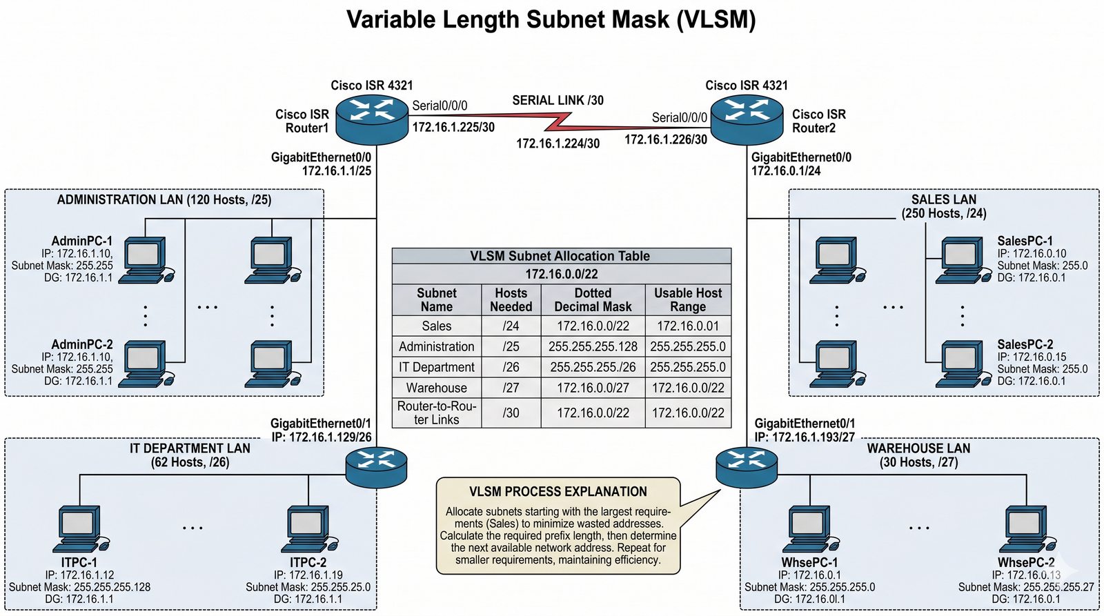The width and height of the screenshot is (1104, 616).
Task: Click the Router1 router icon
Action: pyautogui.click(x=372, y=119)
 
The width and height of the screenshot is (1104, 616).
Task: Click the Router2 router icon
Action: pyautogui.click(x=747, y=119)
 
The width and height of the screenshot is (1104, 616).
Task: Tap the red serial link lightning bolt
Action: pyautogui.click(x=559, y=123)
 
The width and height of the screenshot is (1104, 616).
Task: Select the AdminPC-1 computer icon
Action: pyautogui.click(x=144, y=260)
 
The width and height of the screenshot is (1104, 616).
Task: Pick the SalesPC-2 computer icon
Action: pyautogui.click(x=960, y=364)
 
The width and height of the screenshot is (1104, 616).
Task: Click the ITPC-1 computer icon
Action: pyautogui.click(x=79, y=529)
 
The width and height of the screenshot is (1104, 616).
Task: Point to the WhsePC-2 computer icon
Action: pyautogui.click(x=1027, y=529)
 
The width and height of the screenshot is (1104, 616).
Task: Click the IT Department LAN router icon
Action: pyautogui.click(x=376, y=466)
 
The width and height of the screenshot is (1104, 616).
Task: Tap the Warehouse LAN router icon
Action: pyautogui.click(x=747, y=466)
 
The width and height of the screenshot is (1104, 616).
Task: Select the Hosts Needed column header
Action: pyautogui.click(x=511, y=300)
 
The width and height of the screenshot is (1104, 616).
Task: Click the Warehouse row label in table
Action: pyautogui.click(x=436, y=388)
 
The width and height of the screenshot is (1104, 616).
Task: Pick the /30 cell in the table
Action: pyautogui.click(x=511, y=413)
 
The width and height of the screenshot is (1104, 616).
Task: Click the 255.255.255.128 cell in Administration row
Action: pyautogui.click(x=593, y=346)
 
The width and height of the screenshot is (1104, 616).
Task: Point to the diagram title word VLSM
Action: pyautogui.click(x=716, y=19)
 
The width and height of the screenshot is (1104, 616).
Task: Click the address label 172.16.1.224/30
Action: pyautogui.click(x=558, y=143)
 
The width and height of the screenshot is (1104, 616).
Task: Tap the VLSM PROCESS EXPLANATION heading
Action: pyautogui.click(x=558, y=492)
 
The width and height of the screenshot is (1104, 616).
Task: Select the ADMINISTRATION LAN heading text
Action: pyautogui.click(x=164, y=200)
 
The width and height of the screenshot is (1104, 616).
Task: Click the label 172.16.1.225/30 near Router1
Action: pyautogui.click(x=453, y=127)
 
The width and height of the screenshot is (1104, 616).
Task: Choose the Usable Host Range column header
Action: pyautogui.click(x=688, y=300)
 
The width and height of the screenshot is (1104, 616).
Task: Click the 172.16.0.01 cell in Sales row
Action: pyautogui.click(x=688, y=326)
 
